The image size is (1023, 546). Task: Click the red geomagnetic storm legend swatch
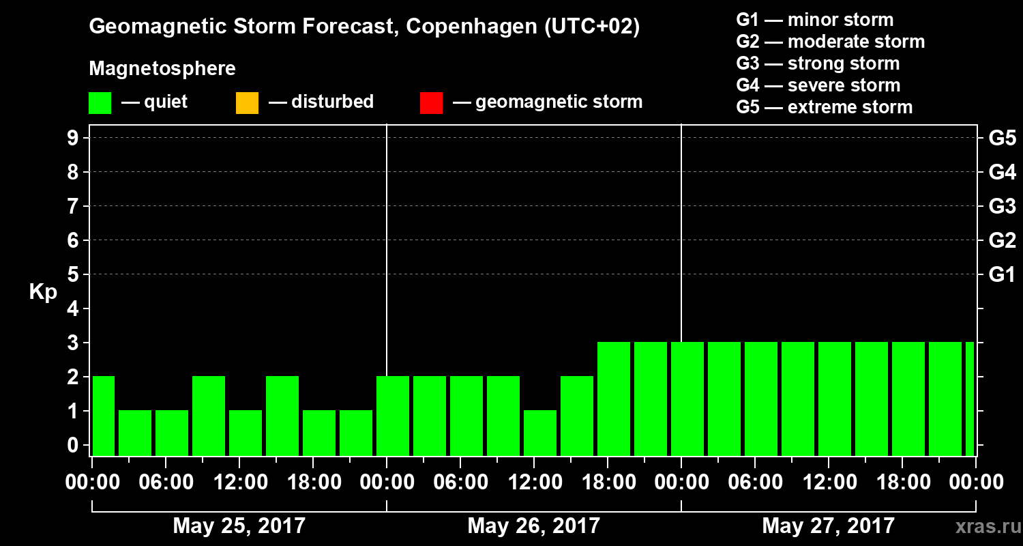(431, 102)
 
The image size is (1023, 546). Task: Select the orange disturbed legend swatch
(247, 102)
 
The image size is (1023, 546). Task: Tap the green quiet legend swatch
(100, 102)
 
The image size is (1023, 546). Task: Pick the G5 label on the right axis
(1002, 138)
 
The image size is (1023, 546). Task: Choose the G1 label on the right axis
(1002, 274)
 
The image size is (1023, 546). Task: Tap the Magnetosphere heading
(162, 69)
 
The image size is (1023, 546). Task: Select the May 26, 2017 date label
(533, 526)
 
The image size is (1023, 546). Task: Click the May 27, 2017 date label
(828, 526)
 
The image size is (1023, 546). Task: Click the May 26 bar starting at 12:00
(540, 433)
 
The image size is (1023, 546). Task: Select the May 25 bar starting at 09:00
(209, 416)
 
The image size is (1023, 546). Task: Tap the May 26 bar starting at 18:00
(614, 399)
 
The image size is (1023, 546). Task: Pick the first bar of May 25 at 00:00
(103, 416)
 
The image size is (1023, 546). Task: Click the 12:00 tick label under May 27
(828, 483)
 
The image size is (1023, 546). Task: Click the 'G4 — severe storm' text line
(818, 85)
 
